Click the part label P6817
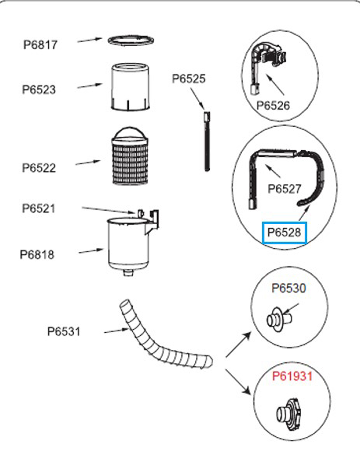coord(40,45)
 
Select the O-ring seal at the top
coord(131,40)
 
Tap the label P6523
coord(39,89)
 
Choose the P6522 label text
coord(39,168)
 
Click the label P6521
coord(38,208)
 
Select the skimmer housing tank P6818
coord(128,245)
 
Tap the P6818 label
coord(37,254)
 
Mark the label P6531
coord(64,332)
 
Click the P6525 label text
coord(189,79)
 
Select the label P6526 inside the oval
coord(273,106)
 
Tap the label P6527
coord(284,189)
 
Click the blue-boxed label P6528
coord(284,233)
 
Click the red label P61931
coord(292,376)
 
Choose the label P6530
coord(289,288)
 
